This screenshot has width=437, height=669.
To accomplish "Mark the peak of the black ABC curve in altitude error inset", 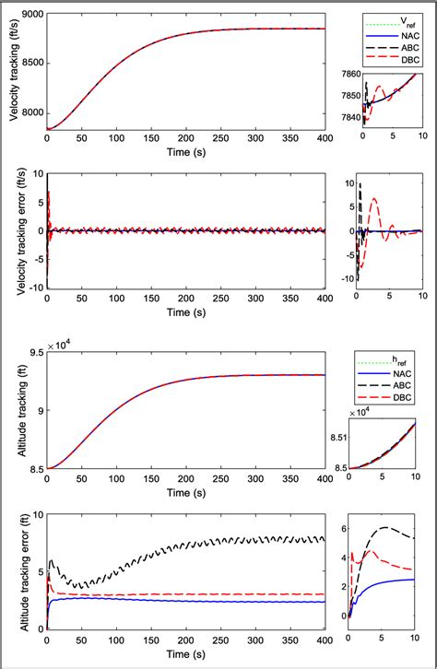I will point(384,527).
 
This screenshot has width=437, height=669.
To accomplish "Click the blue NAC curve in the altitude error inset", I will point(387,584).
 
